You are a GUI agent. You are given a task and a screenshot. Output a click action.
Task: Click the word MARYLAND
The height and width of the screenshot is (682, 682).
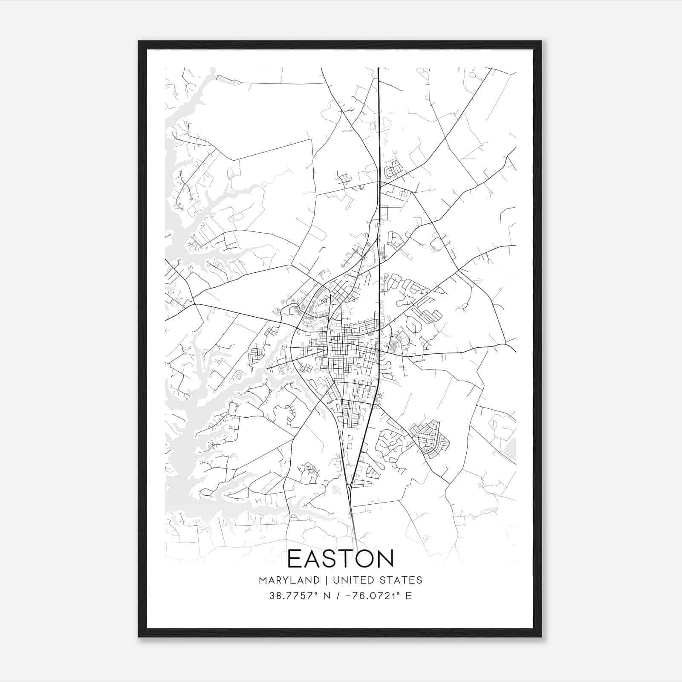tap(289, 580)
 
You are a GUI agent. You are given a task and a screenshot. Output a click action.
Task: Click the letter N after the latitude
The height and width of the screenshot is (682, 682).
tap(327, 596)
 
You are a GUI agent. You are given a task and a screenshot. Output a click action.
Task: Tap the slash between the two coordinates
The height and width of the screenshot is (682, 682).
tap(338, 596)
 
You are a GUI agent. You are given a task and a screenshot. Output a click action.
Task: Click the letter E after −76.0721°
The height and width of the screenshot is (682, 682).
tap(408, 596)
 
